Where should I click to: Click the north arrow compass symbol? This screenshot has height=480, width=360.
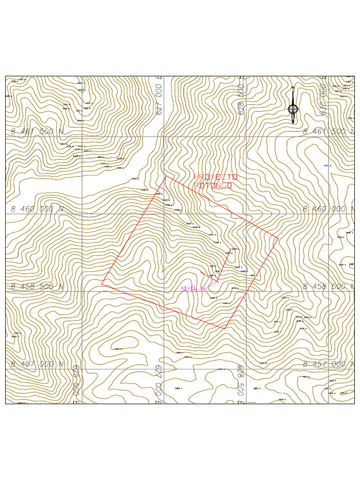tap(293, 107)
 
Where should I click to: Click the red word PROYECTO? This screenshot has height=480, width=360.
tap(216, 177)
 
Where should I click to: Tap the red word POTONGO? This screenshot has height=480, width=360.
tap(213, 186)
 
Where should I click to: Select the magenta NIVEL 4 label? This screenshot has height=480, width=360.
tap(193, 288)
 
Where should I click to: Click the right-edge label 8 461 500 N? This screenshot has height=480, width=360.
tap(329, 132)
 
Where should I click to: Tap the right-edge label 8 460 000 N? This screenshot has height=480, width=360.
tap(329, 209)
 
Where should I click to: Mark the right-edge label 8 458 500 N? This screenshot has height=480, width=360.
tap(329, 286)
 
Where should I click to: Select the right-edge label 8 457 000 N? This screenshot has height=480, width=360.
tap(329, 364)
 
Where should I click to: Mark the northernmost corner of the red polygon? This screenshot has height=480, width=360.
tap(165, 176)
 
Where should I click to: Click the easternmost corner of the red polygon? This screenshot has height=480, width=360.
tap(278, 238)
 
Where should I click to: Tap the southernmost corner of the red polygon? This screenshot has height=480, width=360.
tap(225, 329)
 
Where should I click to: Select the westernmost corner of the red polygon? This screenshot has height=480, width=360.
tap(101, 284)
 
